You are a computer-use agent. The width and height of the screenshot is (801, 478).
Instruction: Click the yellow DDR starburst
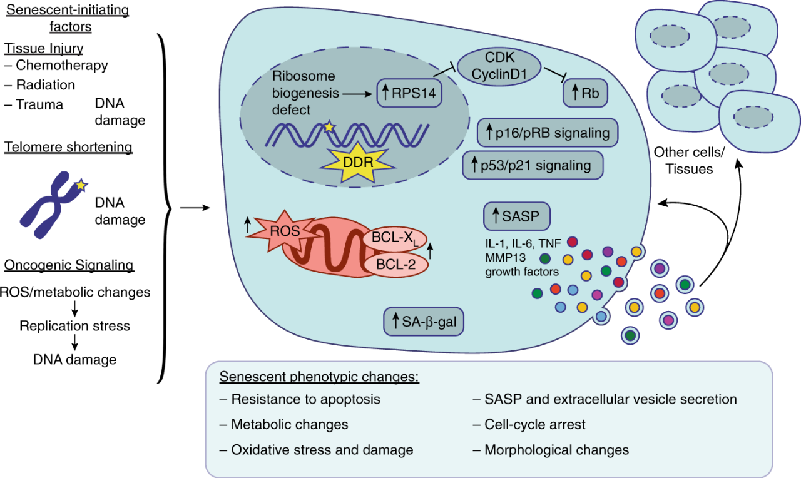tap(358, 163)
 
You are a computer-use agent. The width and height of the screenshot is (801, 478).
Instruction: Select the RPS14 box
tap(409, 93)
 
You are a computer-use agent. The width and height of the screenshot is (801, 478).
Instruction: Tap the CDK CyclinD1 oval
tap(499, 66)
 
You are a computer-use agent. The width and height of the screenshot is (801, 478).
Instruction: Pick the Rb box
tap(585, 93)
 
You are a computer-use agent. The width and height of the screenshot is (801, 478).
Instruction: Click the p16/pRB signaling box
tap(548, 133)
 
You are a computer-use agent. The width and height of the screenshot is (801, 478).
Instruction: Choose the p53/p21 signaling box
tap(533, 165)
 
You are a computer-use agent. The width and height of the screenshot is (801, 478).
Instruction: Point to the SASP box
tap(517, 216)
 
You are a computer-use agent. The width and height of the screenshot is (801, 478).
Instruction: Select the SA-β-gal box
tap(424, 322)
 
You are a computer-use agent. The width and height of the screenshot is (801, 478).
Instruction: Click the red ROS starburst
tap(282, 231)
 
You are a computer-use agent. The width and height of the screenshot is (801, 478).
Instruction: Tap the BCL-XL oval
tap(395, 238)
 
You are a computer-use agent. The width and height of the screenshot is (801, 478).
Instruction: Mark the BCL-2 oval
tap(396, 265)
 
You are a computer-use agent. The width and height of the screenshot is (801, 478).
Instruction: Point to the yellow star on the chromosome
tap(81, 185)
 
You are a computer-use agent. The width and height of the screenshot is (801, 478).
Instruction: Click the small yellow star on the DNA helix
tap(329, 126)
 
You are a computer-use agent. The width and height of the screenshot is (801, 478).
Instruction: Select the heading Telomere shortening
tap(68, 147)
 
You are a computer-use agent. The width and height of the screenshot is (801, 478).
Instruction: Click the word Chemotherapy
tap(62, 66)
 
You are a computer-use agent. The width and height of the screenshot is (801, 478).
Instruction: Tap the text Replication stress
tap(74, 326)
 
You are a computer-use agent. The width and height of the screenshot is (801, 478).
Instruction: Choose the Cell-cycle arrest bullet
tap(529, 424)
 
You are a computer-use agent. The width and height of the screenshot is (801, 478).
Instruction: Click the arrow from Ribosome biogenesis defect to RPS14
tap(357, 94)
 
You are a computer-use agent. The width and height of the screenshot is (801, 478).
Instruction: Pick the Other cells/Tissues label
tap(689, 161)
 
